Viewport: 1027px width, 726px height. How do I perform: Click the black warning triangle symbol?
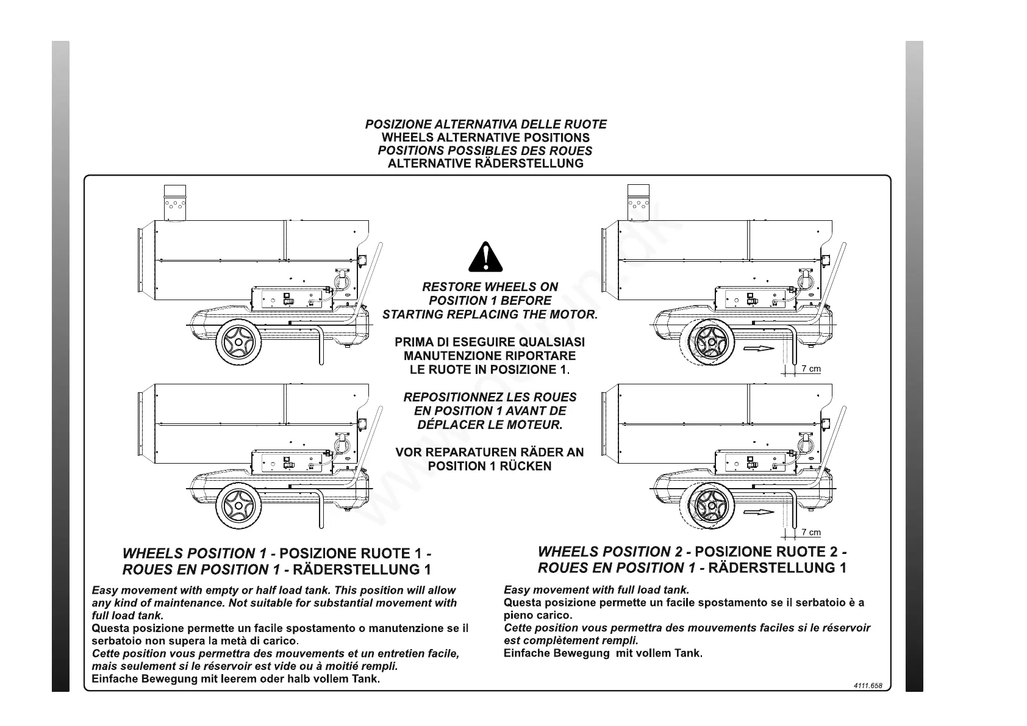coord(485,257)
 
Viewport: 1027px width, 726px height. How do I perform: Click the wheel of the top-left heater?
coord(238,343)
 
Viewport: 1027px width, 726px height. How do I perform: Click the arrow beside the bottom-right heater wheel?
coord(759,512)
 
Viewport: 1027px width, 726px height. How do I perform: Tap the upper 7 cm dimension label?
coord(811,369)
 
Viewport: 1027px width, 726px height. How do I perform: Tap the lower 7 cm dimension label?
coord(811,533)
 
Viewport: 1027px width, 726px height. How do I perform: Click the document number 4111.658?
coord(868,685)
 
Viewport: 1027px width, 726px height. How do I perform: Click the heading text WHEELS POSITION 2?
coord(610,552)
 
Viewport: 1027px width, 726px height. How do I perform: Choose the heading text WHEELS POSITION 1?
coord(195,553)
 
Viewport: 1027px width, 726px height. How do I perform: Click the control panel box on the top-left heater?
coord(292,299)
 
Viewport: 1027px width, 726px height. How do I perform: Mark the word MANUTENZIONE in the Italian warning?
coord(446,356)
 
